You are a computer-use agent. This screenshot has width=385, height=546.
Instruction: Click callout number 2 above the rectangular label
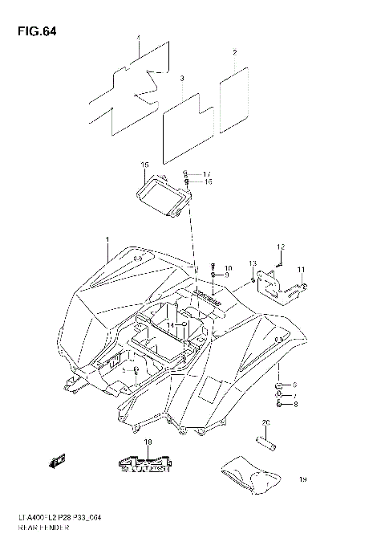(x=234, y=53)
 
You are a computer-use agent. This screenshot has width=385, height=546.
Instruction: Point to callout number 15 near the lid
(x=144, y=165)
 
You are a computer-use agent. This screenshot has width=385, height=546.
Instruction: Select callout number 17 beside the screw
(x=206, y=174)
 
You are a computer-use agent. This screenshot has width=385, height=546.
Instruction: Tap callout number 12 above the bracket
(x=282, y=246)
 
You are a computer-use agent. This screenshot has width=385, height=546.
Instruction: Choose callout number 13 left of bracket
(x=251, y=263)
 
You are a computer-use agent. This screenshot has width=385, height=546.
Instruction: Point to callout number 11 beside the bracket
(x=301, y=269)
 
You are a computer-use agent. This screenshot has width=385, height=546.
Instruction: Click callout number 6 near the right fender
(x=294, y=385)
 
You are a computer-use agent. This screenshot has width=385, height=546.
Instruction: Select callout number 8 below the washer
(x=294, y=405)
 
